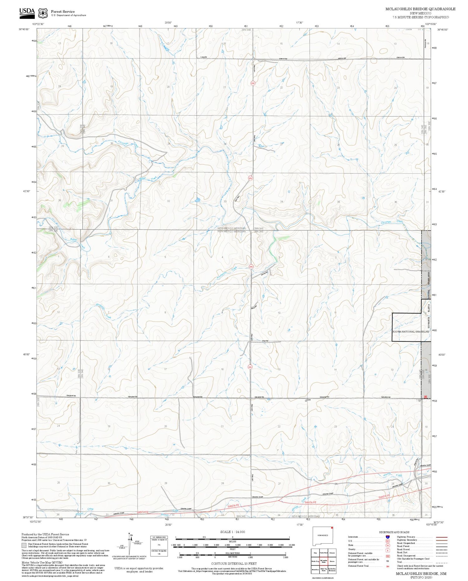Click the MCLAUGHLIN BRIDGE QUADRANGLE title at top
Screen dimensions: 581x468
pos(420,9)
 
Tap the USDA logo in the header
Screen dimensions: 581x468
pos(27,12)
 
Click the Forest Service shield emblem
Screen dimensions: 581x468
pos(43,13)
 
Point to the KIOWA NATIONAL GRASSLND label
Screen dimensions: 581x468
pos(411,331)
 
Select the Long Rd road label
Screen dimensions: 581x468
pos(204,57)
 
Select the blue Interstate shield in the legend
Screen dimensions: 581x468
pos(387,537)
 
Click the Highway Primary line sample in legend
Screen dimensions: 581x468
pos(440,537)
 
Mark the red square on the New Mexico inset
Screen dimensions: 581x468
pos(332,528)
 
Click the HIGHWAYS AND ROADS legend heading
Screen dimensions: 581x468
pos(394,532)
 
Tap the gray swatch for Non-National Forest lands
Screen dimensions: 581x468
pos(24,545)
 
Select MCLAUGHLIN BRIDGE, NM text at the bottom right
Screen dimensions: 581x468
pos(421,574)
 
